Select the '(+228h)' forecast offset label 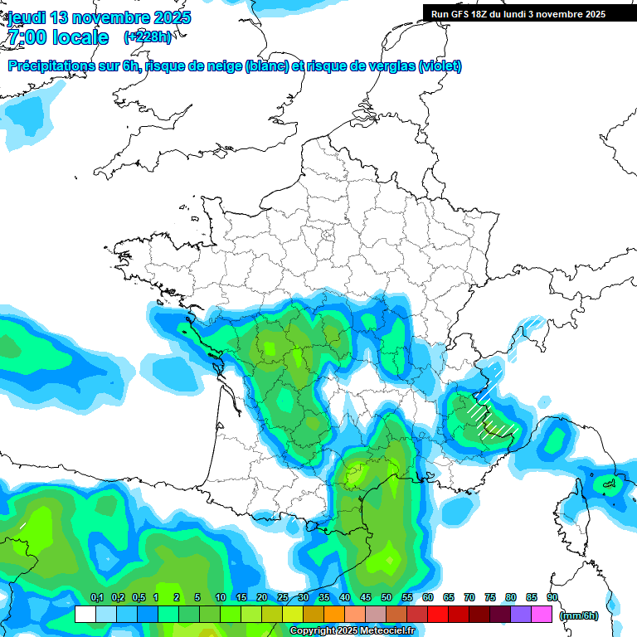click(x=148, y=37)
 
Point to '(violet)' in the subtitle click(x=440, y=66)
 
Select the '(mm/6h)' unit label click(x=579, y=615)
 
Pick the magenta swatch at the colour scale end click(x=542, y=615)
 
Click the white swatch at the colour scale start click(x=85, y=615)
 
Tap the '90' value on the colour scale click(x=552, y=597)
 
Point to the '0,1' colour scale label click(x=96, y=597)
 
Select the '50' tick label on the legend click(x=387, y=597)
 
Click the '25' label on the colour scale click(x=283, y=597)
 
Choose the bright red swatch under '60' click(x=438, y=615)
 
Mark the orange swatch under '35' click(x=334, y=615)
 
